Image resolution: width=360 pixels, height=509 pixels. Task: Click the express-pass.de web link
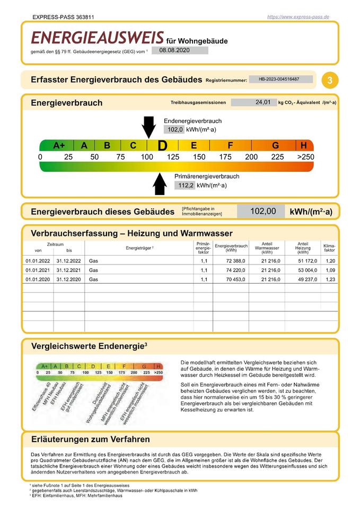pos(298,17)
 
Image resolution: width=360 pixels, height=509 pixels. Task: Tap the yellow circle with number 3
pos(330,81)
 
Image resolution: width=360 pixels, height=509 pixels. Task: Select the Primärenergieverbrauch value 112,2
pos(185,185)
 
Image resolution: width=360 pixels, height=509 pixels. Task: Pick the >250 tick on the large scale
pos(305,157)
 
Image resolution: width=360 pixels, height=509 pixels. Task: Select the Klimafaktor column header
pos(329,248)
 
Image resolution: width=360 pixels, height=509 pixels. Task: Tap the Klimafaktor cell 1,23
pos(330,279)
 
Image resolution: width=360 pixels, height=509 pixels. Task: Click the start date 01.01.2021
pos(37,270)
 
